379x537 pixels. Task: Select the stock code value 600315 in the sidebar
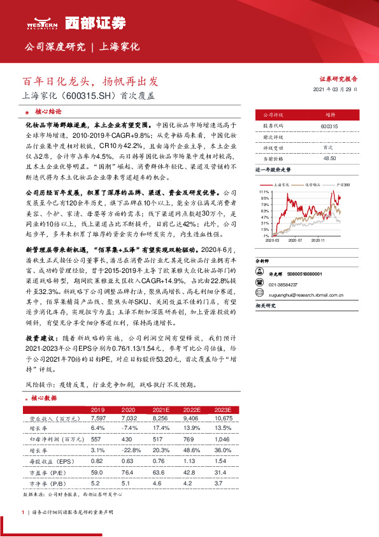tap(329, 126)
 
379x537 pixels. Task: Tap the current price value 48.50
tap(329, 158)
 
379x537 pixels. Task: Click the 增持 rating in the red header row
tap(329, 115)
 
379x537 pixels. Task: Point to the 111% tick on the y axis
tap(264, 191)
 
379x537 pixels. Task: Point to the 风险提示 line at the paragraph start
tap(38, 385)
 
